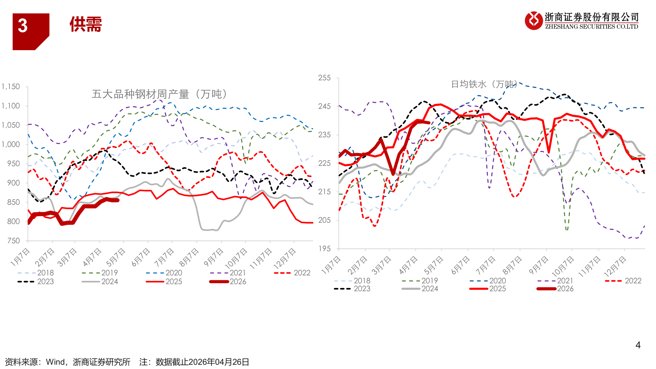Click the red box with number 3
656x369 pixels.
[x=31, y=31]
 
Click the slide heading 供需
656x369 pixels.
[x=86, y=25]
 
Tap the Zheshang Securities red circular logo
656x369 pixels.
[x=534, y=20]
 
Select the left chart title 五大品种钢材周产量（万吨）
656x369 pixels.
[x=159, y=94]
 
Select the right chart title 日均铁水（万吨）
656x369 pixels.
[x=484, y=84]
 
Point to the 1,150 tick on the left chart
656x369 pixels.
[x=11, y=86]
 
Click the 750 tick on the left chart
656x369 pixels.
[x=13, y=241]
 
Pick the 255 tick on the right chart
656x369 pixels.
[x=324, y=78]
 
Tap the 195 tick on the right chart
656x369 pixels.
[x=324, y=249]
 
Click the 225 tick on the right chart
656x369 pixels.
[x=324, y=163]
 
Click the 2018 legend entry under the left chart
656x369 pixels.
[x=36, y=273]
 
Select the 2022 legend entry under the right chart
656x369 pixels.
[x=623, y=281]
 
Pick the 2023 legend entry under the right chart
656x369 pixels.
[x=352, y=289]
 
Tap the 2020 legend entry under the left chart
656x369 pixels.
[x=164, y=273]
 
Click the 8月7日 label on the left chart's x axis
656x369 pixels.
[x=189, y=257]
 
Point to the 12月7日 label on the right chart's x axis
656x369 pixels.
[x=615, y=266]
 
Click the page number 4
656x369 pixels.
[x=638, y=345]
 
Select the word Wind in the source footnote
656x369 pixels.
[x=55, y=362]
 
